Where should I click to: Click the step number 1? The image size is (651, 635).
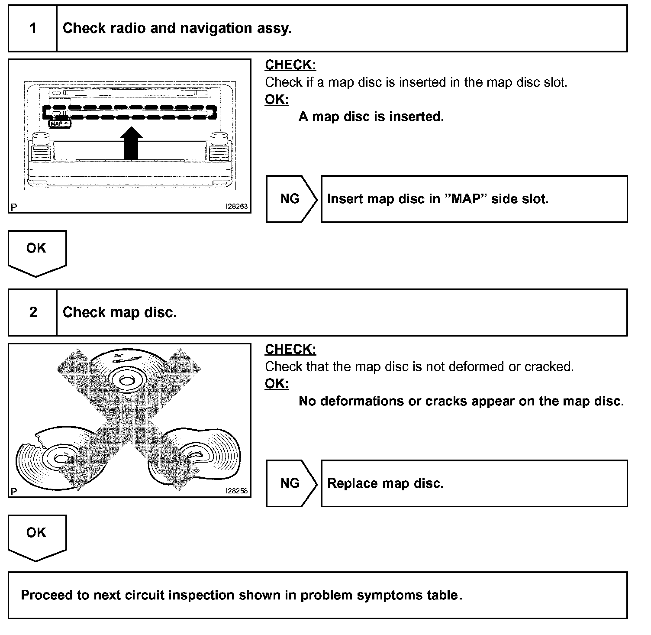(33, 29)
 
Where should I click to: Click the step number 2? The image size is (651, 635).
(33, 312)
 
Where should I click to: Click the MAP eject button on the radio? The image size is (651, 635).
(60, 124)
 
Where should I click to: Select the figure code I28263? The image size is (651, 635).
(236, 207)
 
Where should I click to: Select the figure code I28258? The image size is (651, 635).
(236, 491)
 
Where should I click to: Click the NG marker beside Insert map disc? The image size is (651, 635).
(290, 199)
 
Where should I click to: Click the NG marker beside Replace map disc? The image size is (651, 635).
(290, 483)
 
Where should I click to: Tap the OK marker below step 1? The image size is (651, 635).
(36, 249)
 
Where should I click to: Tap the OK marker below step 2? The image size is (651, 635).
(36, 533)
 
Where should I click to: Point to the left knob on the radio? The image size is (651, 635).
(40, 138)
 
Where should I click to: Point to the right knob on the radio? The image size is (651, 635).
(218, 138)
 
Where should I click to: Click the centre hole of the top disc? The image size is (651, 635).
(126, 381)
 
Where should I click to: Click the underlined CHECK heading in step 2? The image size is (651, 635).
(290, 349)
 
